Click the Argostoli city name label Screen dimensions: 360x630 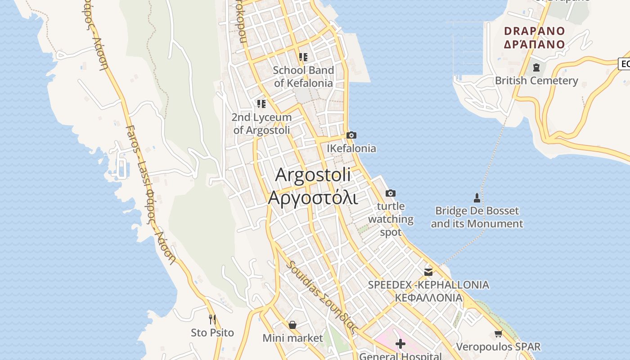pos(313,175)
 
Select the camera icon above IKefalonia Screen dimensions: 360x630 pos(351,135)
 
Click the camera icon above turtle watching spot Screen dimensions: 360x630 pos(391,193)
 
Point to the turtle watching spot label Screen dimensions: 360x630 pos(391,219)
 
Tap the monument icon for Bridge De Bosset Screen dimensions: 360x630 pos(477,198)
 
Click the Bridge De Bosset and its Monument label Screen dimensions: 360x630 pos(477,217)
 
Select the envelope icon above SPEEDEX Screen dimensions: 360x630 pos(428,272)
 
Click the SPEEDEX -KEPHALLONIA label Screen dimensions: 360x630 pos(428,285)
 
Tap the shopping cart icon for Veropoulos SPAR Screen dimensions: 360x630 pos(498,333)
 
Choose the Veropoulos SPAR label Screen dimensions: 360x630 pos(498,347)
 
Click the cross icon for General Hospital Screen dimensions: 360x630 pos(400,344)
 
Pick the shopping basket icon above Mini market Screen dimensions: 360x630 pos(292,324)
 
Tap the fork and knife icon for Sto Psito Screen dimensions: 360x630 pos(212,319)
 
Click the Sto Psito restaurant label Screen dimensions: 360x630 pos(212,333)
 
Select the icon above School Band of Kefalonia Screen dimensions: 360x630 pos(303,57)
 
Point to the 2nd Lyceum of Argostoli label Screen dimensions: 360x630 pos(261,124)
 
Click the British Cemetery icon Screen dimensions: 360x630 pos(536,67)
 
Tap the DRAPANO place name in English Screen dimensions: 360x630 pos(534,31)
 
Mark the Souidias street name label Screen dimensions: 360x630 pos(322,297)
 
